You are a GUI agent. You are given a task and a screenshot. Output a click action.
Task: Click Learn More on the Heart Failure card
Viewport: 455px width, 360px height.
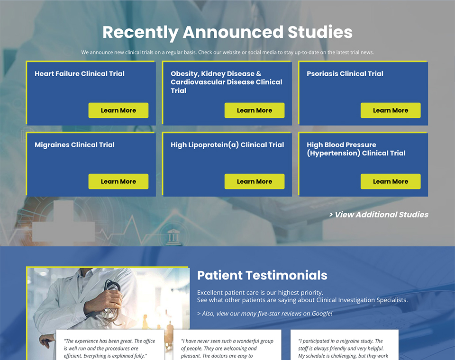click(118, 110)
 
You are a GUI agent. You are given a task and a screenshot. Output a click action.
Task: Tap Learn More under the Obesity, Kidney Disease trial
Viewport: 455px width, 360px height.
click(255, 110)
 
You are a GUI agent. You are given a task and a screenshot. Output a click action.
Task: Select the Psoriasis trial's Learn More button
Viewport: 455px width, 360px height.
click(391, 110)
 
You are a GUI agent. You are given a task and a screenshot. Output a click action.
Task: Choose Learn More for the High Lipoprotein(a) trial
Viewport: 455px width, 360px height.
click(255, 181)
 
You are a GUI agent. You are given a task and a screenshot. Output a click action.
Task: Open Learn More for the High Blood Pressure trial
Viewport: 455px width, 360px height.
click(391, 181)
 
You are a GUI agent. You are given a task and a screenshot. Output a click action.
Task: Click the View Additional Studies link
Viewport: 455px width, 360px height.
click(379, 215)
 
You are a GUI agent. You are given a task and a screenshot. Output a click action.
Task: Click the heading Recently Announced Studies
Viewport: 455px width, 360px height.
click(227, 32)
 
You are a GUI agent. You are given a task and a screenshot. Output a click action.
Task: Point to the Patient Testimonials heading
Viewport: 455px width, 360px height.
click(262, 275)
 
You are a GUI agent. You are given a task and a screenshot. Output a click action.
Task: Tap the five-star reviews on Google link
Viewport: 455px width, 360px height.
click(264, 314)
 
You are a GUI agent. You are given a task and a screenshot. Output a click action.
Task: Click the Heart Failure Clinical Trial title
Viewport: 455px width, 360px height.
click(80, 74)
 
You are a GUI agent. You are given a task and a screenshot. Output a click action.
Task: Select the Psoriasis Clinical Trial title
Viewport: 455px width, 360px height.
click(345, 74)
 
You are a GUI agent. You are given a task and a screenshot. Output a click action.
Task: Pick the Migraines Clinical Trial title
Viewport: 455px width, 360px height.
click(74, 145)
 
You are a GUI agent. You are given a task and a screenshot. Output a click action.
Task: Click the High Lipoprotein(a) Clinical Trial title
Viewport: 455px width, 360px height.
click(227, 145)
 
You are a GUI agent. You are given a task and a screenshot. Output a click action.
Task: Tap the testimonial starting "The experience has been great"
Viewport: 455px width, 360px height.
click(109, 349)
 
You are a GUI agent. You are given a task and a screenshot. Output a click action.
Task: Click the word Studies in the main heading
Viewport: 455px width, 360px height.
click(320, 32)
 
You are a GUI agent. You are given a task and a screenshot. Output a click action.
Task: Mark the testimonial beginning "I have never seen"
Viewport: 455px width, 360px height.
click(227, 349)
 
